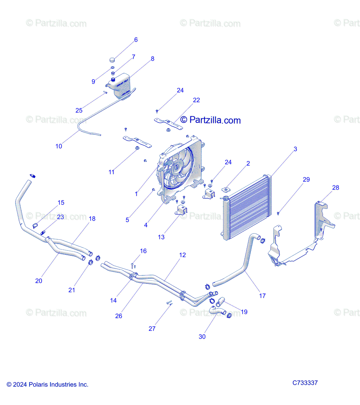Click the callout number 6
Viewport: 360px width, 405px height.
(136, 40)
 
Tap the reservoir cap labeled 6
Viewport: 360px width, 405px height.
(112, 60)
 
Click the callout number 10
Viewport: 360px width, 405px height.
(59, 146)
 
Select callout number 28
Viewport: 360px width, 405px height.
(335, 188)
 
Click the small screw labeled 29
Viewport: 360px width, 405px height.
(278, 213)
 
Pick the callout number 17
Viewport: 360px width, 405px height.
(262, 296)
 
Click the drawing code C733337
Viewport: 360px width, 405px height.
(305, 383)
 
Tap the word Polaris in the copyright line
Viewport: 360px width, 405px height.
(38, 384)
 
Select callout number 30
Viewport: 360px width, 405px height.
(202, 336)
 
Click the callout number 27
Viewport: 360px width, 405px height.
(152, 329)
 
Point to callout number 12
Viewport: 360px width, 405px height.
(182, 255)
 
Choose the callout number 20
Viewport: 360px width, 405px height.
(39, 281)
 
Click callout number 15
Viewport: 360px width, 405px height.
(61, 203)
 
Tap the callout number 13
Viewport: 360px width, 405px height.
(161, 237)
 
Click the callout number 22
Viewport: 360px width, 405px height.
(196, 100)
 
